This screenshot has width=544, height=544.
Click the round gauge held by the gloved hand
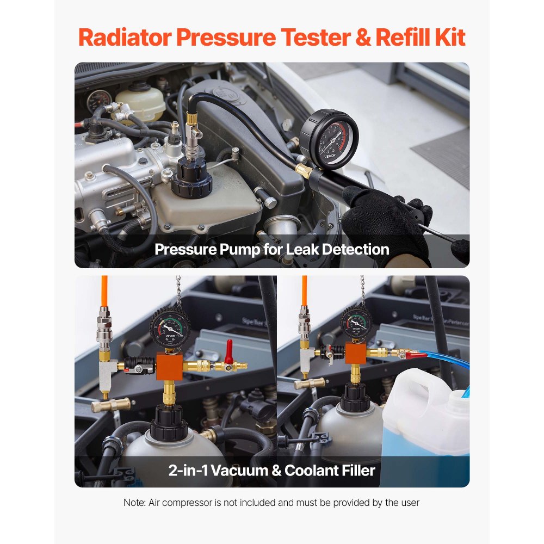pos(329,139)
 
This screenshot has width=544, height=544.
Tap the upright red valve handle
pos(229,349)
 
